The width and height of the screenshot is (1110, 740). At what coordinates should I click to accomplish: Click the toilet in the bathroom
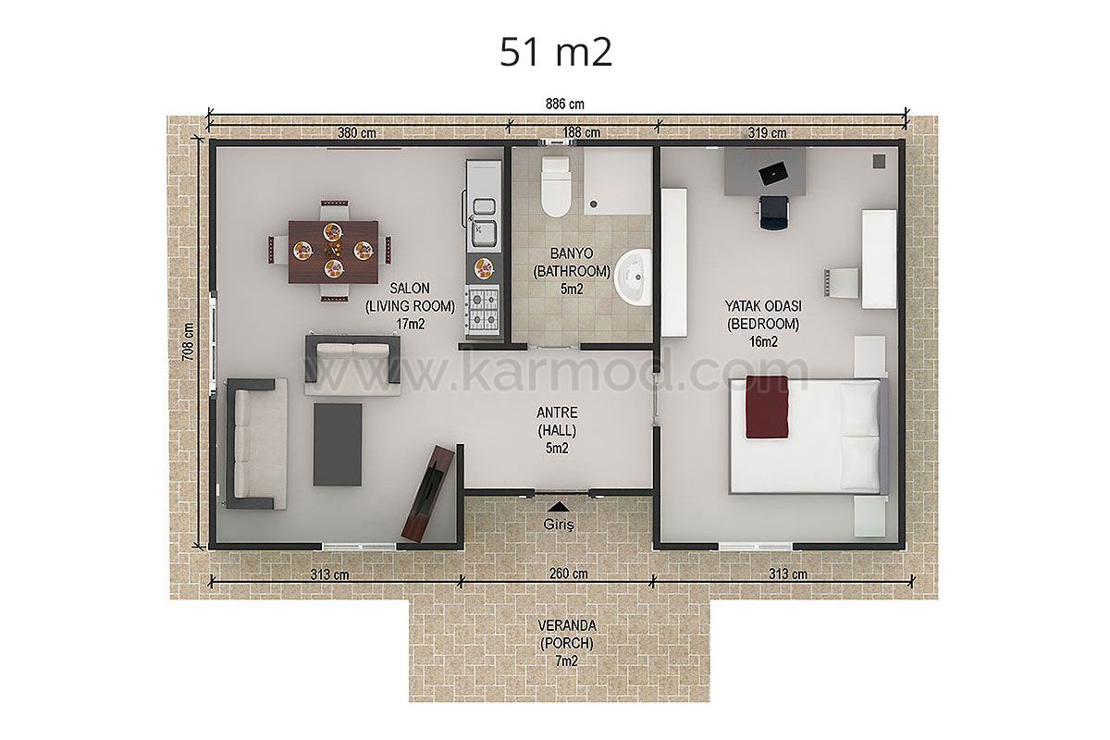click(556, 187)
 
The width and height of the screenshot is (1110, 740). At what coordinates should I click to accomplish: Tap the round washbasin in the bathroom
click(633, 277)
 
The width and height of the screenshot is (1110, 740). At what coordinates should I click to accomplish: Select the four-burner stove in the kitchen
click(483, 308)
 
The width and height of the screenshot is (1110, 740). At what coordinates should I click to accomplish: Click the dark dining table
click(333, 253)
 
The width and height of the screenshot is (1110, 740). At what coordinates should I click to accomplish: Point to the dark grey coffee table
click(338, 445)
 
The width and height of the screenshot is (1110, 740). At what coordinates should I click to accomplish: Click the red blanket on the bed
click(767, 407)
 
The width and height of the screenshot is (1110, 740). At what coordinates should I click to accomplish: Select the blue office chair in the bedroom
click(773, 212)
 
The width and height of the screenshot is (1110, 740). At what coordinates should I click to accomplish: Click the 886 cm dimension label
click(565, 105)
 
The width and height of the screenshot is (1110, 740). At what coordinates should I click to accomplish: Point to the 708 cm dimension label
click(189, 342)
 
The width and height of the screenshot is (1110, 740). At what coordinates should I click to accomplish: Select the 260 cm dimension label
click(568, 573)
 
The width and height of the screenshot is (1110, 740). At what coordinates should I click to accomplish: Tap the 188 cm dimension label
click(581, 132)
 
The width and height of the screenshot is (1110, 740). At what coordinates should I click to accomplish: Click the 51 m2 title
click(556, 53)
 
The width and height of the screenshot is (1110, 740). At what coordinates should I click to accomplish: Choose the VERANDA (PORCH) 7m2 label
click(567, 643)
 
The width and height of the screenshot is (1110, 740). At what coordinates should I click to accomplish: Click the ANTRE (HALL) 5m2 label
click(557, 430)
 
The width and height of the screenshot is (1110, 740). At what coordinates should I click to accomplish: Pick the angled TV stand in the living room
click(428, 493)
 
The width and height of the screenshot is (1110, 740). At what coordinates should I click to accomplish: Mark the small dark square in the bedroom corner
click(879, 161)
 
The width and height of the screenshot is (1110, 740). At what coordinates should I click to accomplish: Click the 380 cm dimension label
click(357, 133)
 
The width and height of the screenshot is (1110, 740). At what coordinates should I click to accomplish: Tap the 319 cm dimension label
click(767, 133)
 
